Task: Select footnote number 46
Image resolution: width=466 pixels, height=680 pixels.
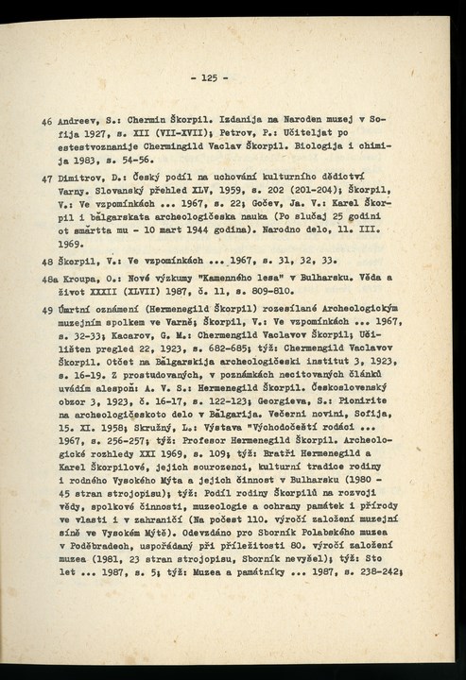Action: (x=47, y=123)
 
